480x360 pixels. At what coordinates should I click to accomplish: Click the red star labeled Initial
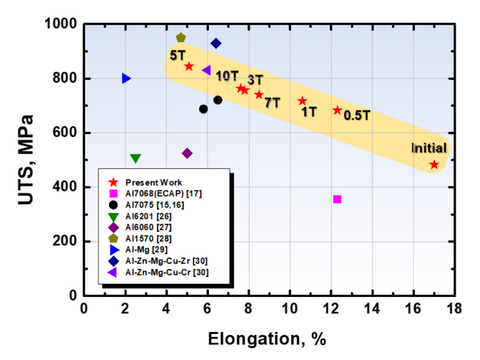point(434,164)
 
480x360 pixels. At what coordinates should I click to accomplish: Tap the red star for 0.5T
point(338,110)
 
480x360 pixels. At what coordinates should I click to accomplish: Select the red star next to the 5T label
point(189,66)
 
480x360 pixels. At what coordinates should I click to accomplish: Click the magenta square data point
point(337,199)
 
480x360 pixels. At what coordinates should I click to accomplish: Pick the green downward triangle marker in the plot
point(136,158)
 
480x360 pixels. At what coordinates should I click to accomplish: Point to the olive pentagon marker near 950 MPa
point(181,37)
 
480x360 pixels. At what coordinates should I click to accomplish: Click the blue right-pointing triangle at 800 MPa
point(126,79)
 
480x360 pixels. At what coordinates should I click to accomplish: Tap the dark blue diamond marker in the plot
point(216,43)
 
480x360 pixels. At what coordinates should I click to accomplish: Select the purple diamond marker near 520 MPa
point(187,153)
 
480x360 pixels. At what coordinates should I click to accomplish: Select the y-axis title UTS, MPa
point(27,159)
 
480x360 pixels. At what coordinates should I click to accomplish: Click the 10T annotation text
point(227,75)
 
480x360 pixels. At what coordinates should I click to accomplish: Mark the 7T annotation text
point(272,102)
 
